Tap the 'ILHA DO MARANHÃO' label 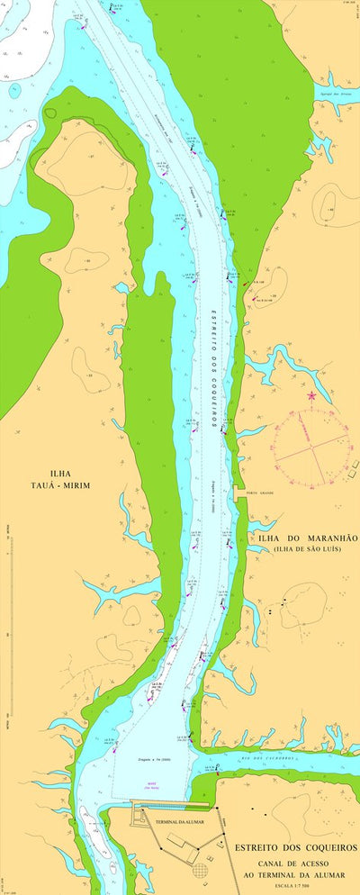click(x=308, y=538)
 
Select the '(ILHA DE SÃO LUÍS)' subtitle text click(x=306, y=548)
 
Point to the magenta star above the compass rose click(x=312, y=395)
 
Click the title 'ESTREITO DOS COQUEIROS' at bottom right click(x=295, y=847)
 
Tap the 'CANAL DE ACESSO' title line click(x=295, y=861)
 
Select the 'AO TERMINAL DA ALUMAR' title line click(x=295, y=872)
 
